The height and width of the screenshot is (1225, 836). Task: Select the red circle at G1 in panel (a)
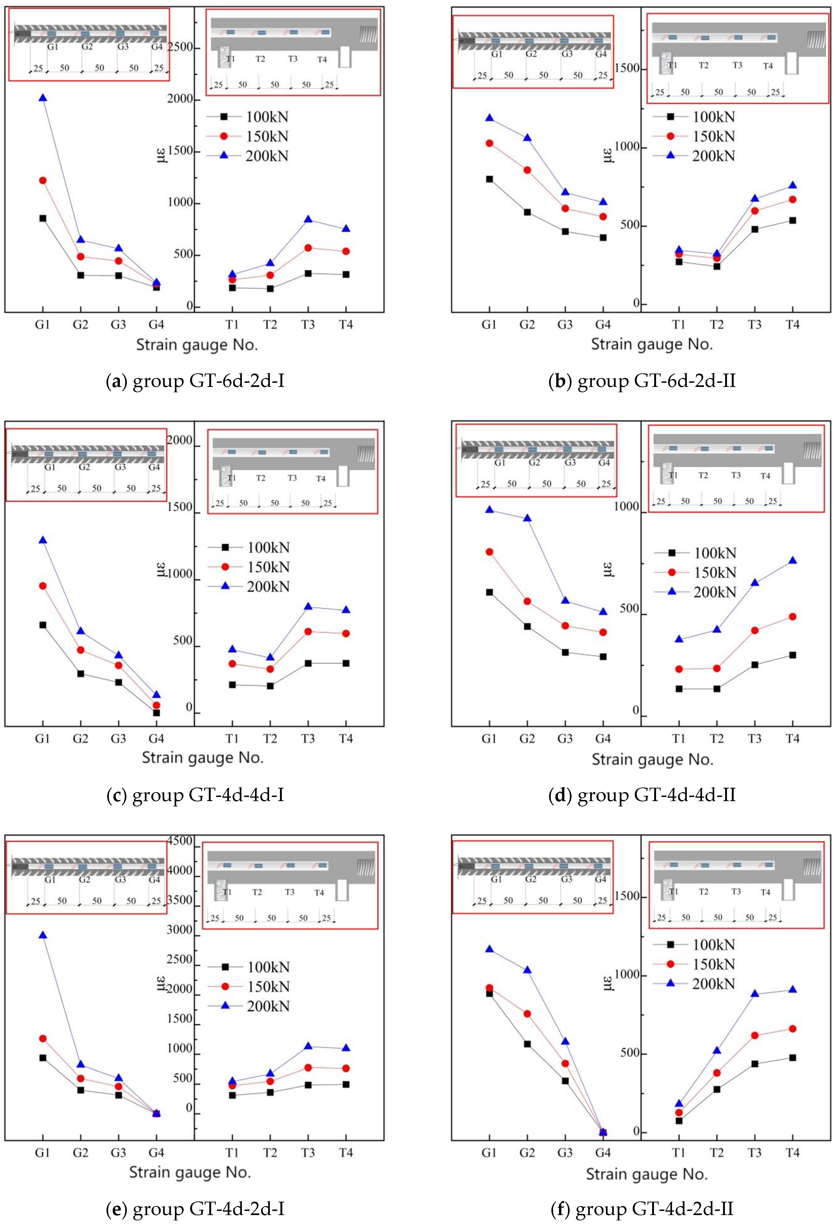[43, 180]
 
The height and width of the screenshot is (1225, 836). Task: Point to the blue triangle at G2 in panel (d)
[527, 518]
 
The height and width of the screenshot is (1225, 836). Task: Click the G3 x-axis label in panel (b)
[565, 325]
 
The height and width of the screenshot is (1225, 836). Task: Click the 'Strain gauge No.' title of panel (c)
[203, 757]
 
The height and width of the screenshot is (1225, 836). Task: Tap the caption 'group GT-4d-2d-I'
[196, 1209]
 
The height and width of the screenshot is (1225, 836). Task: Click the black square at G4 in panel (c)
[156, 713]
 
